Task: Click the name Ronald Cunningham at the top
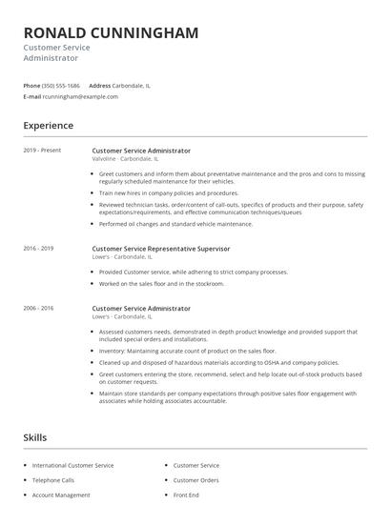pyautogui.click(x=111, y=33)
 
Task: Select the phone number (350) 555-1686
pyautogui.click(x=61, y=86)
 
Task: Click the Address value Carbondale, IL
pyautogui.click(x=131, y=86)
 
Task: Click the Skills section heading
pyautogui.click(x=35, y=436)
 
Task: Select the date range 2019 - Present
pyautogui.click(x=41, y=151)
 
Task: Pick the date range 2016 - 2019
pyautogui.click(x=38, y=249)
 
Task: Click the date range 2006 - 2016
pyautogui.click(x=38, y=309)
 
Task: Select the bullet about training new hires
pyautogui.click(x=169, y=192)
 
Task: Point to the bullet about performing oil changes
pyautogui.click(x=176, y=224)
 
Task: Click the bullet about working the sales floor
pyautogui.click(x=162, y=283)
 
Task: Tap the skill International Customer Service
pyautogui.click(x=72, y=465)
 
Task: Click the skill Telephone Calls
pyautogui.click(x=53, y=480)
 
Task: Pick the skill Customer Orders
pyautogui.click(x=196, y=480)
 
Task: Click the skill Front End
pyautogui.click(x=187, y=495)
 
